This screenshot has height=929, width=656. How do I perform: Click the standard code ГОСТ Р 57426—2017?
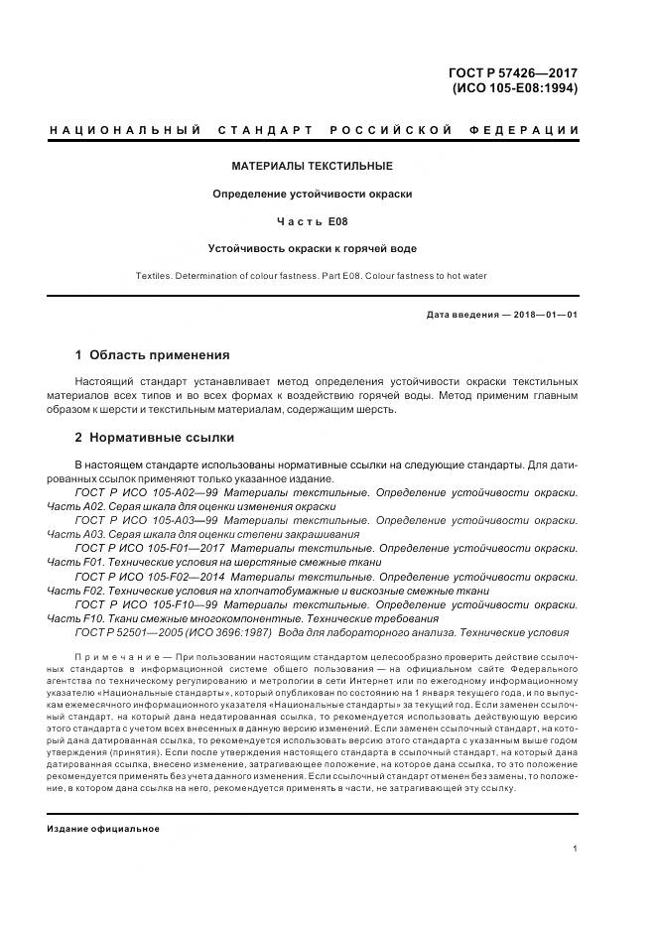coord(515,72)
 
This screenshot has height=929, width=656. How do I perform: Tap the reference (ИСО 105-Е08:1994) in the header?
coord(514,87)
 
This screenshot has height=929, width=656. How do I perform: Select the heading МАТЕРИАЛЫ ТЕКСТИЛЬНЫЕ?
coord(312,166)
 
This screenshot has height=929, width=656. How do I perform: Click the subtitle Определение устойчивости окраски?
coord(312,194)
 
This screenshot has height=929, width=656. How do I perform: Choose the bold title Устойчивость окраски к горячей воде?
coord(312,248)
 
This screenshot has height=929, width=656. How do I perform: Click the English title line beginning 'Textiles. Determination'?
coord(312,276)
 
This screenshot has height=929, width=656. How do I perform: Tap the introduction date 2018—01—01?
coord(543,316)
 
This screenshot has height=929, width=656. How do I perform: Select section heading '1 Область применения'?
coord(153,354)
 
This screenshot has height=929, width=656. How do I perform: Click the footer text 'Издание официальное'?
coord(103,801)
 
